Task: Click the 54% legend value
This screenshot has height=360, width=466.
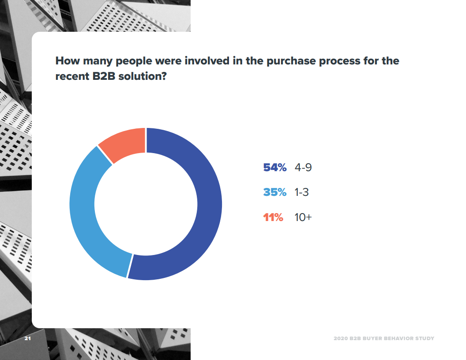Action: pos(275,168)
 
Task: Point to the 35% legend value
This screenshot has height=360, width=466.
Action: pos(275,192)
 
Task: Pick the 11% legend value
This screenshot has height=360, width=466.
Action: pos(273,217)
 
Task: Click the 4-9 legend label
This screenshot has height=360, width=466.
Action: pos(303,168)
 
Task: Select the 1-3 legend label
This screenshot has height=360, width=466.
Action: pos(302,192)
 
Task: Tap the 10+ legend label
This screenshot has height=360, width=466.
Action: pos(303,217)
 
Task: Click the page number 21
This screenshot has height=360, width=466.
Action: pos(28,338)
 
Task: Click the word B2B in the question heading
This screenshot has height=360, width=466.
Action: pos(104,76)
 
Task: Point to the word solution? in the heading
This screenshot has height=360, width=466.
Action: pos(143,76)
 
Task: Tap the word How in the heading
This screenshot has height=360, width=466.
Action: pos(68,61)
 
